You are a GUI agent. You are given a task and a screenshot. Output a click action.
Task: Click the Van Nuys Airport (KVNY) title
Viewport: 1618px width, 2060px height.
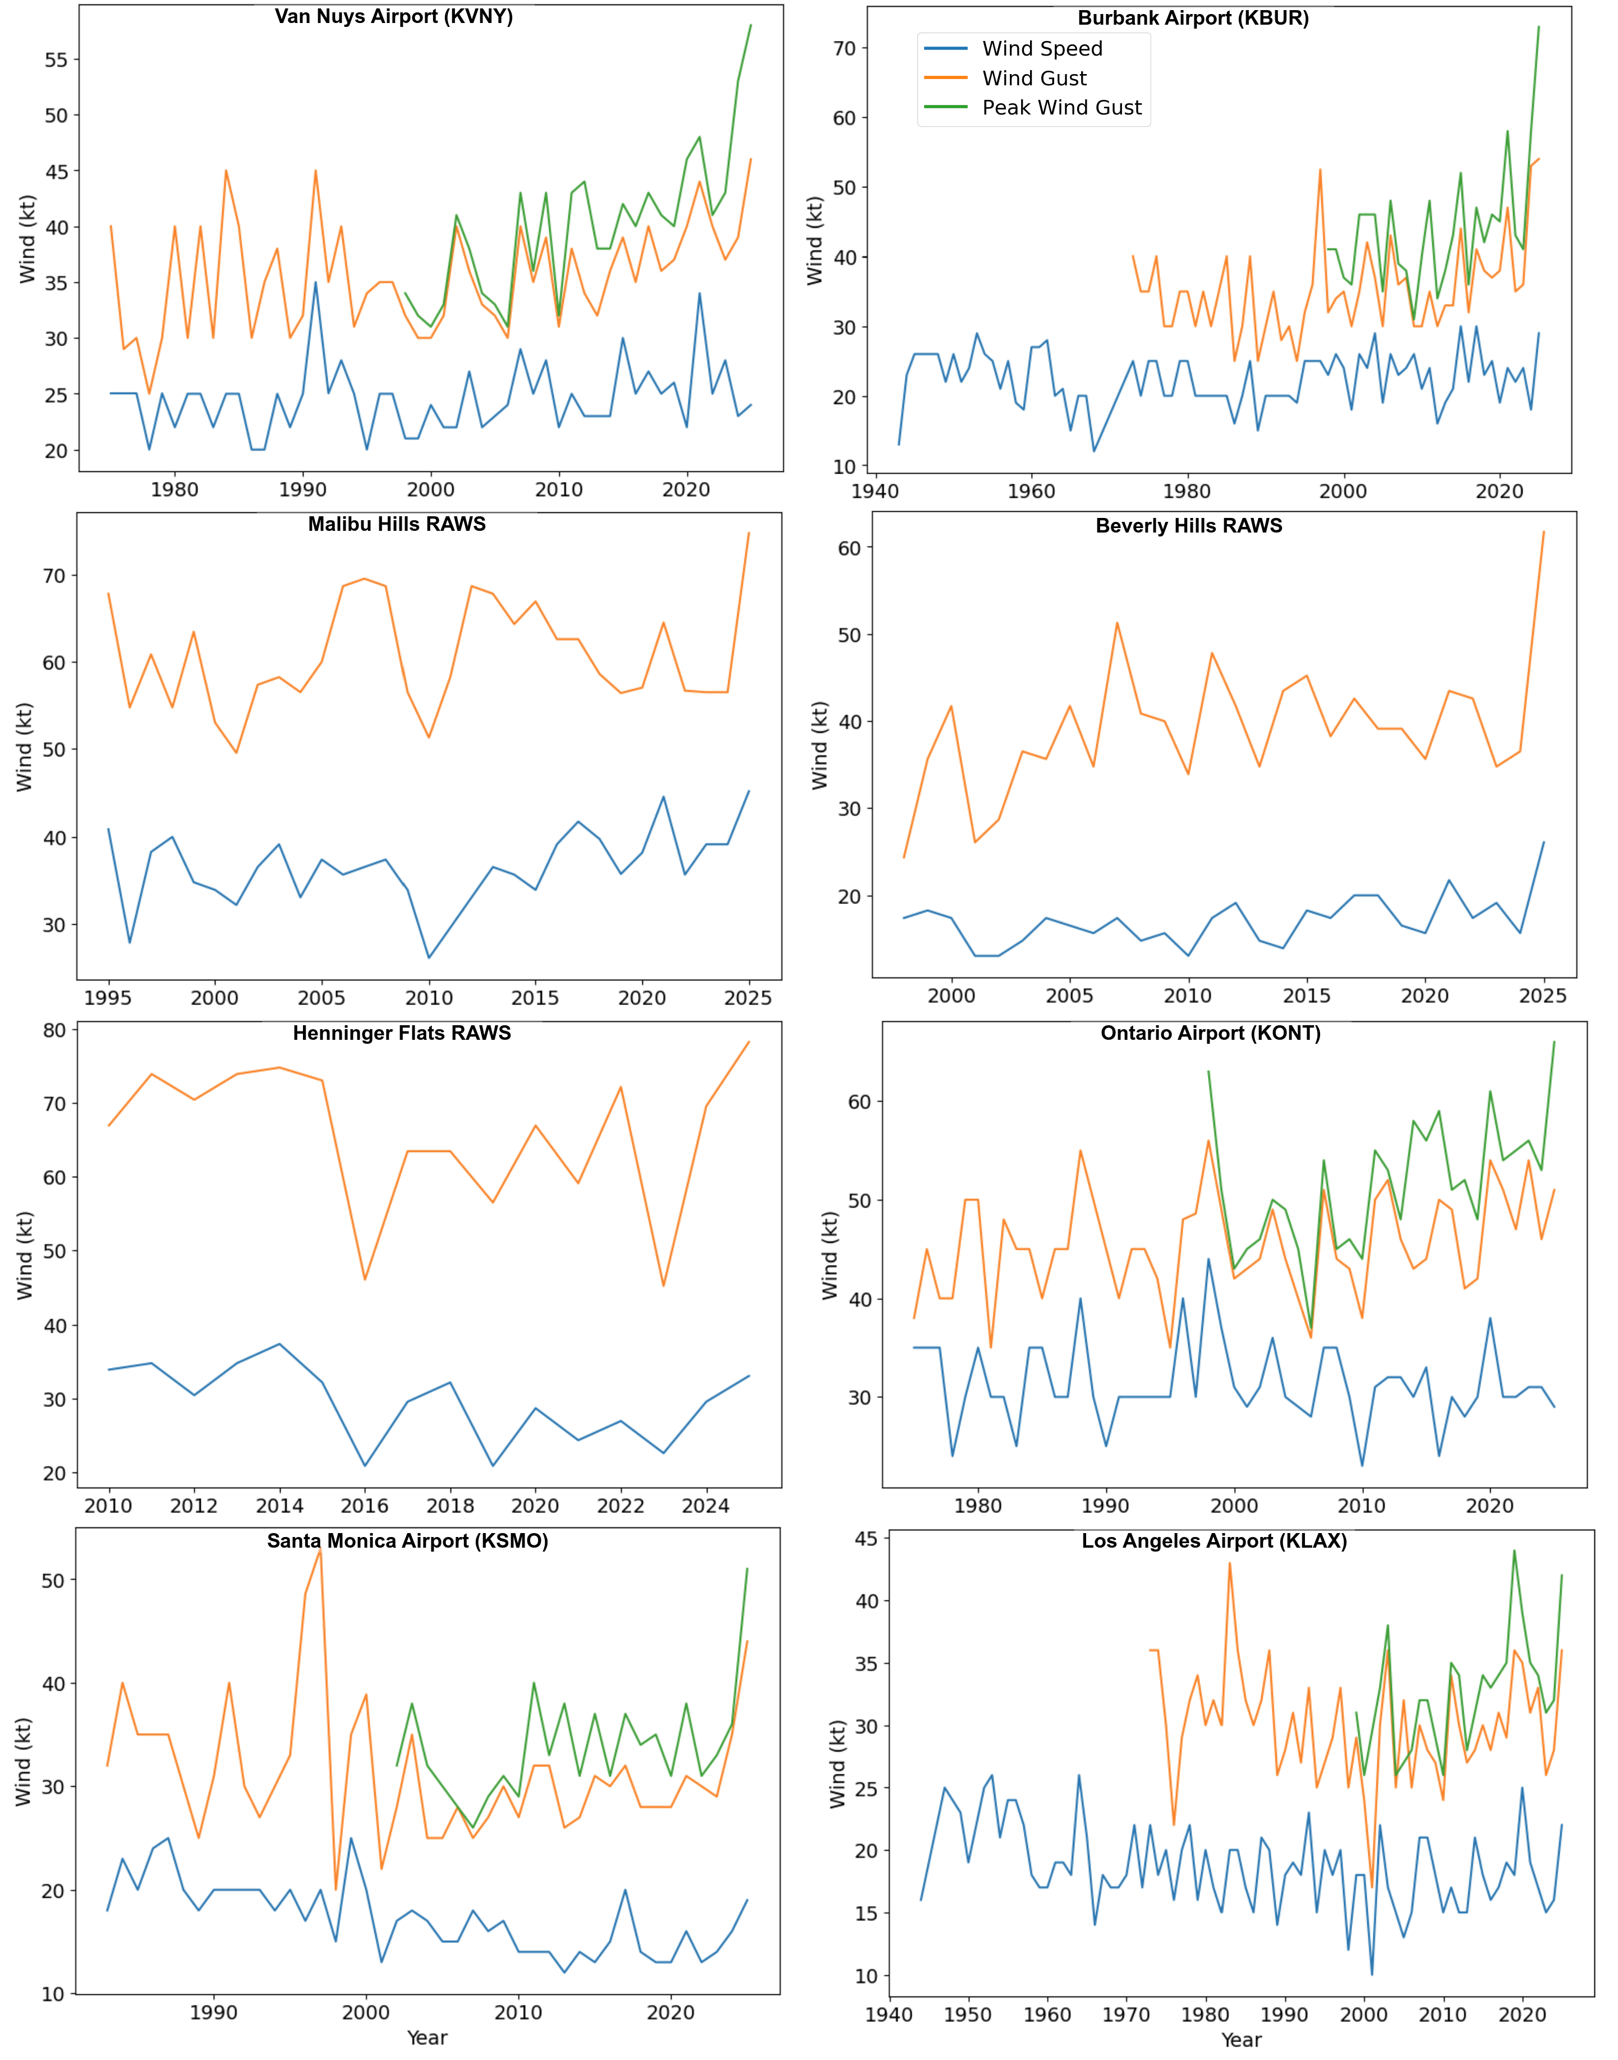point(393,17)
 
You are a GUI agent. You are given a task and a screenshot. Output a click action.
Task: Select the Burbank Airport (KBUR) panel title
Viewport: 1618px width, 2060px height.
point(1193,19)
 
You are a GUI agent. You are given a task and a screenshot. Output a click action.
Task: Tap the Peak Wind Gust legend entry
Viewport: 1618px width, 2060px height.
point(1061,108)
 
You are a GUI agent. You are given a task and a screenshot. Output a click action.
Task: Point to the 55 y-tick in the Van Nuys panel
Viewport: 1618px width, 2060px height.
point(56,59)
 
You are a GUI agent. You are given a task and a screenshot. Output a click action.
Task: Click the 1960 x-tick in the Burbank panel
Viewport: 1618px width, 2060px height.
point(1031,491)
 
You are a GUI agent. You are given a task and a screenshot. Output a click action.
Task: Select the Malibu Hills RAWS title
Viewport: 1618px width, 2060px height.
point(396,525)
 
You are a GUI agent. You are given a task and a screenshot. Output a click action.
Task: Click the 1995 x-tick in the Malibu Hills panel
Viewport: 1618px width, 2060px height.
point(108,998)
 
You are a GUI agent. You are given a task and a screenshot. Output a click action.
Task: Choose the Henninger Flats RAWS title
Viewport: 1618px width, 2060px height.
point(402,1034)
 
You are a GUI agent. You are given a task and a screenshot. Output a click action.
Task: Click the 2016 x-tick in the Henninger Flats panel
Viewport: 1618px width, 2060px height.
point(365,1506)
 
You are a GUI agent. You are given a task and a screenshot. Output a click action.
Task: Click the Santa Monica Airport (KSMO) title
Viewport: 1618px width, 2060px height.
point(407,1541)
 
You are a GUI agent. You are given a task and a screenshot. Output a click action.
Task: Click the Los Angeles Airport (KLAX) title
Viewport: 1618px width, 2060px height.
point(1213,1541)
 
